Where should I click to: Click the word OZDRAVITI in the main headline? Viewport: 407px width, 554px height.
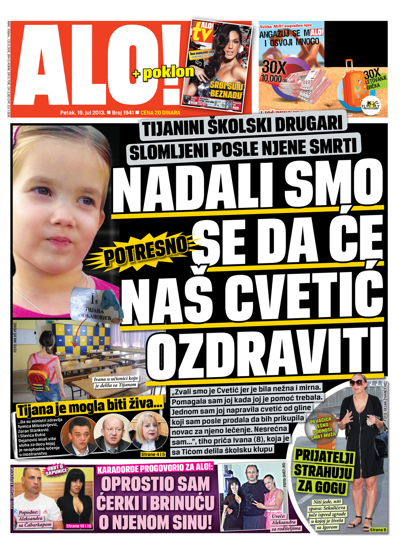265,354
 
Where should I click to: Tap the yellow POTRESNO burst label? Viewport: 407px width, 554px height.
145,251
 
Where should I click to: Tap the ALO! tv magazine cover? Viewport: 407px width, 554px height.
217,65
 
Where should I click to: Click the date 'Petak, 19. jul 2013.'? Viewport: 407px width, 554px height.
83,113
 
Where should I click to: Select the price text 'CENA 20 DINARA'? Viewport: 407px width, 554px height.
160,113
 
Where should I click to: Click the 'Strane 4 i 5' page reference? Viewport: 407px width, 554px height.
153,454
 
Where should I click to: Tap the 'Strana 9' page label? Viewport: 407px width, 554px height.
378,530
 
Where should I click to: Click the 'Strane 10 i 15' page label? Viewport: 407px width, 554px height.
79,526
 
